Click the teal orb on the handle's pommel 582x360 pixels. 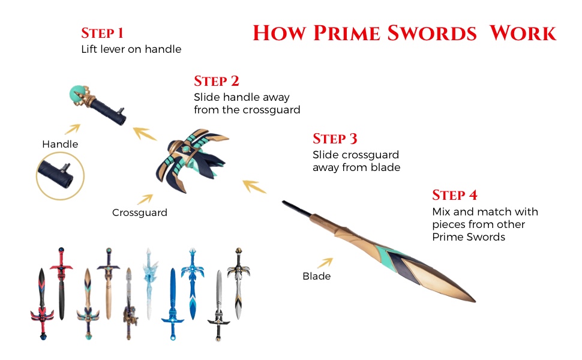(77, 93)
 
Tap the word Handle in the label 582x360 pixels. (60, 144)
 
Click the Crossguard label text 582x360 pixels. (140, 212)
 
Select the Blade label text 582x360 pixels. (316, 276)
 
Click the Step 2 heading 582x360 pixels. (217, 81)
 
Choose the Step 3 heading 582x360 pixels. (335, 139)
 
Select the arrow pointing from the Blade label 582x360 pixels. (325, 262)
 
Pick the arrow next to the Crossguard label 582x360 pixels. (145, 198)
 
